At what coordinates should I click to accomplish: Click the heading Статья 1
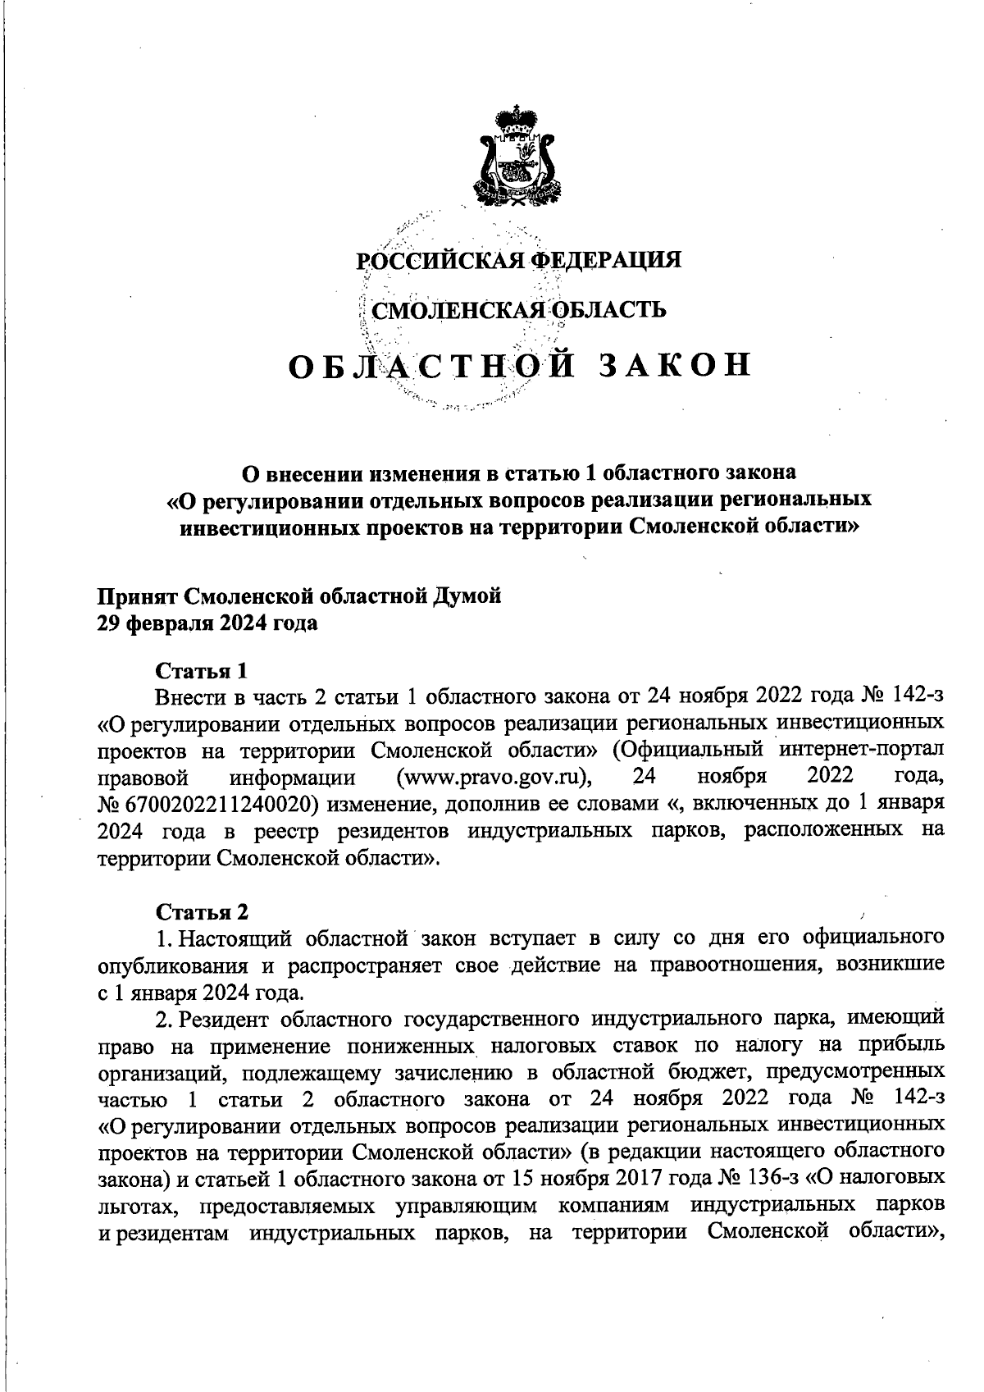click(201, 670)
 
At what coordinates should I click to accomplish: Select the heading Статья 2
click(201, 911)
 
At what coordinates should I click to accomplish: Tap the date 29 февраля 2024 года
click(207, 623)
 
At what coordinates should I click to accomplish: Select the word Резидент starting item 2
click(225, 1020)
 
